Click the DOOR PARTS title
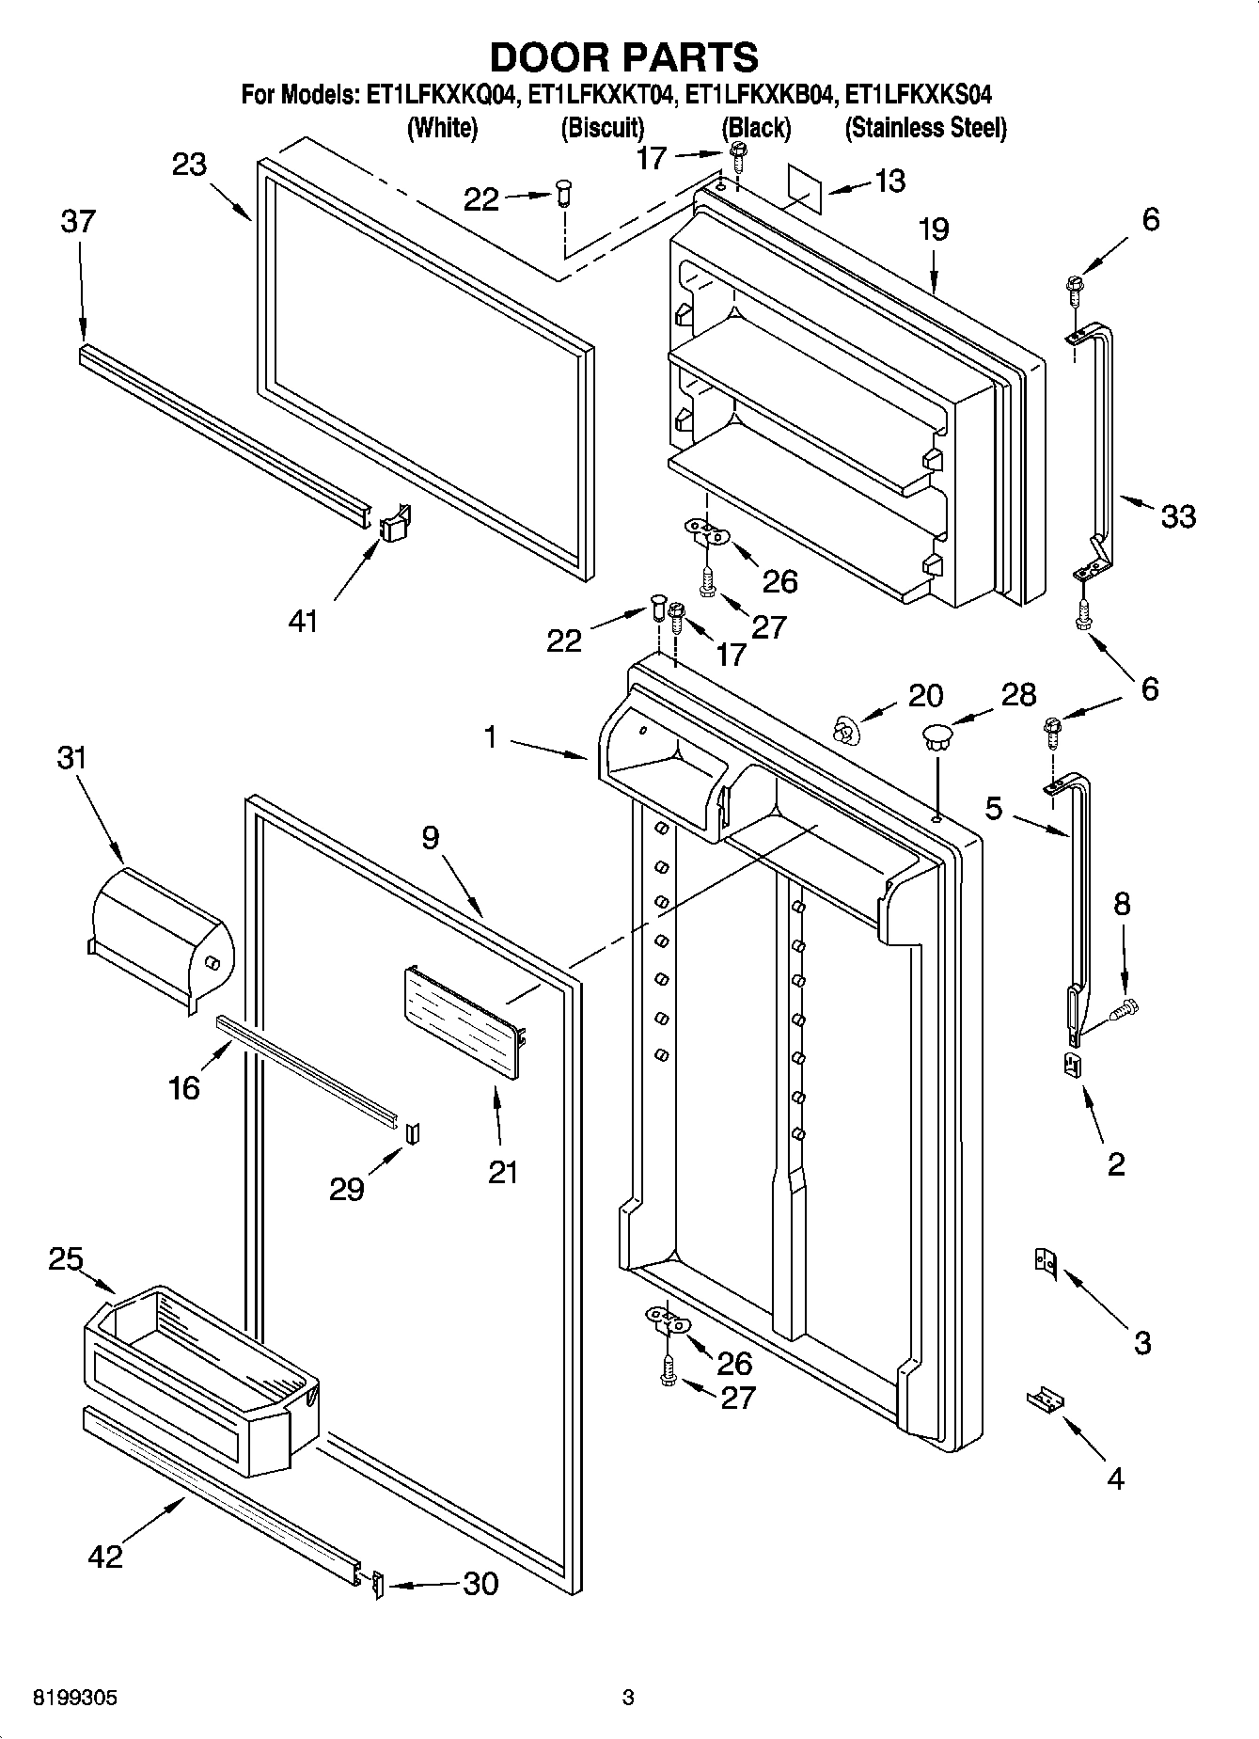point(623,57)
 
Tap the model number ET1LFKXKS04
point(919,95)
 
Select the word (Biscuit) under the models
point(602,128)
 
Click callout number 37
point(78,222)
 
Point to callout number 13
point(889,181)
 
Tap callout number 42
point(104,1556)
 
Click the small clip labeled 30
point(378,1586)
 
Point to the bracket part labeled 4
point(1044,1400)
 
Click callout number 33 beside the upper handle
point(1178,515)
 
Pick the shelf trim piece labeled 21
point(461,1023)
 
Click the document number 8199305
point(75,1699)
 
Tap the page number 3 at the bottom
point(628,1699)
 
